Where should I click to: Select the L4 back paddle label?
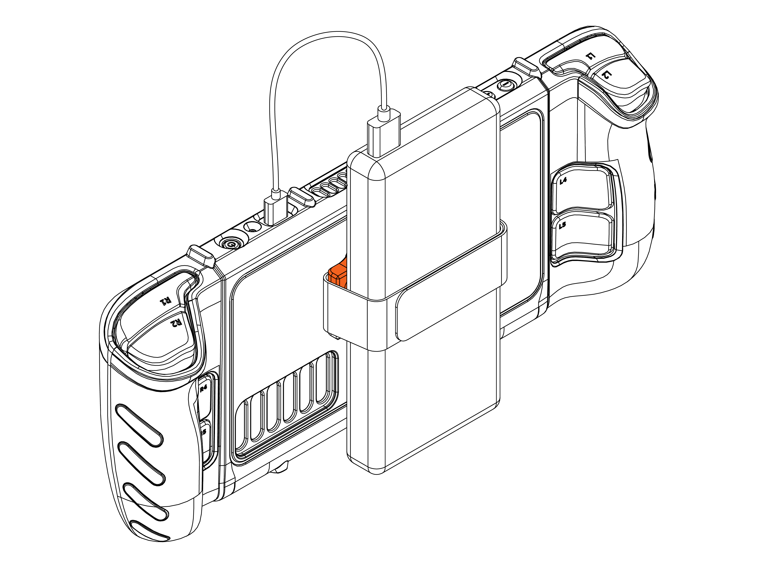point(563,180)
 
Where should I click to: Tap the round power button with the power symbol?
point(230,244)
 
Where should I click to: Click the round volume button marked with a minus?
point(506,84)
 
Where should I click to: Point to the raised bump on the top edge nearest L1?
point(526,67)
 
